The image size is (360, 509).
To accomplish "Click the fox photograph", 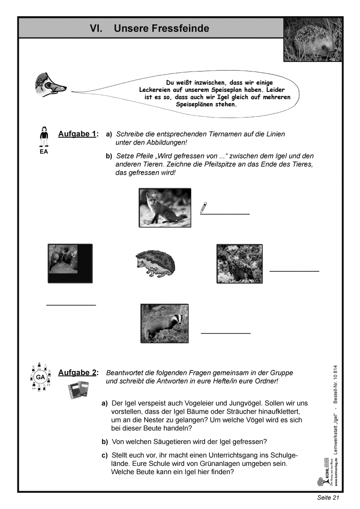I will [165, 206].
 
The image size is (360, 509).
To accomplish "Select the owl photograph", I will [239, 264].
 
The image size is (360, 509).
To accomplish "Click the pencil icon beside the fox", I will [204, 208].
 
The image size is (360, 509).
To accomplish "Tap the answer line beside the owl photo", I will [294, 271].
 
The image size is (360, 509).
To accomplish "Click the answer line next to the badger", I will [225, 333].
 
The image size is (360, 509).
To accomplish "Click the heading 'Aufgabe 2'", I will [78, 373].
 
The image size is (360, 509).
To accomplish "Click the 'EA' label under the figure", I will [44, 152].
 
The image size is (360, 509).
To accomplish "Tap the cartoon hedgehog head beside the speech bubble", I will [50, 86].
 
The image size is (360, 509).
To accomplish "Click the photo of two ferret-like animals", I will [70, 264].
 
